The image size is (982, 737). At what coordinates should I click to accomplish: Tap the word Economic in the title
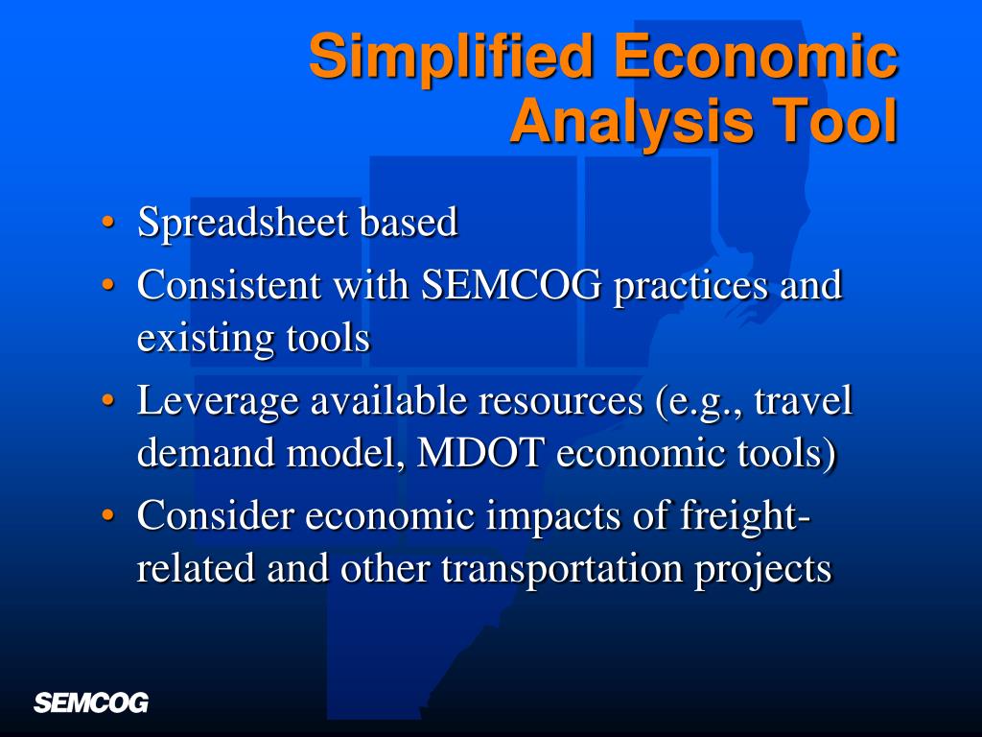tap(757, 56)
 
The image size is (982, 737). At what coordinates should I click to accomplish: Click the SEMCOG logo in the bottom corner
tap(91, 702)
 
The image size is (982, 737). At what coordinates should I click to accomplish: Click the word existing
tap(193, 339)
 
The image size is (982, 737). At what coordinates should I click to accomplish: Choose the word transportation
tap(561, 569)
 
